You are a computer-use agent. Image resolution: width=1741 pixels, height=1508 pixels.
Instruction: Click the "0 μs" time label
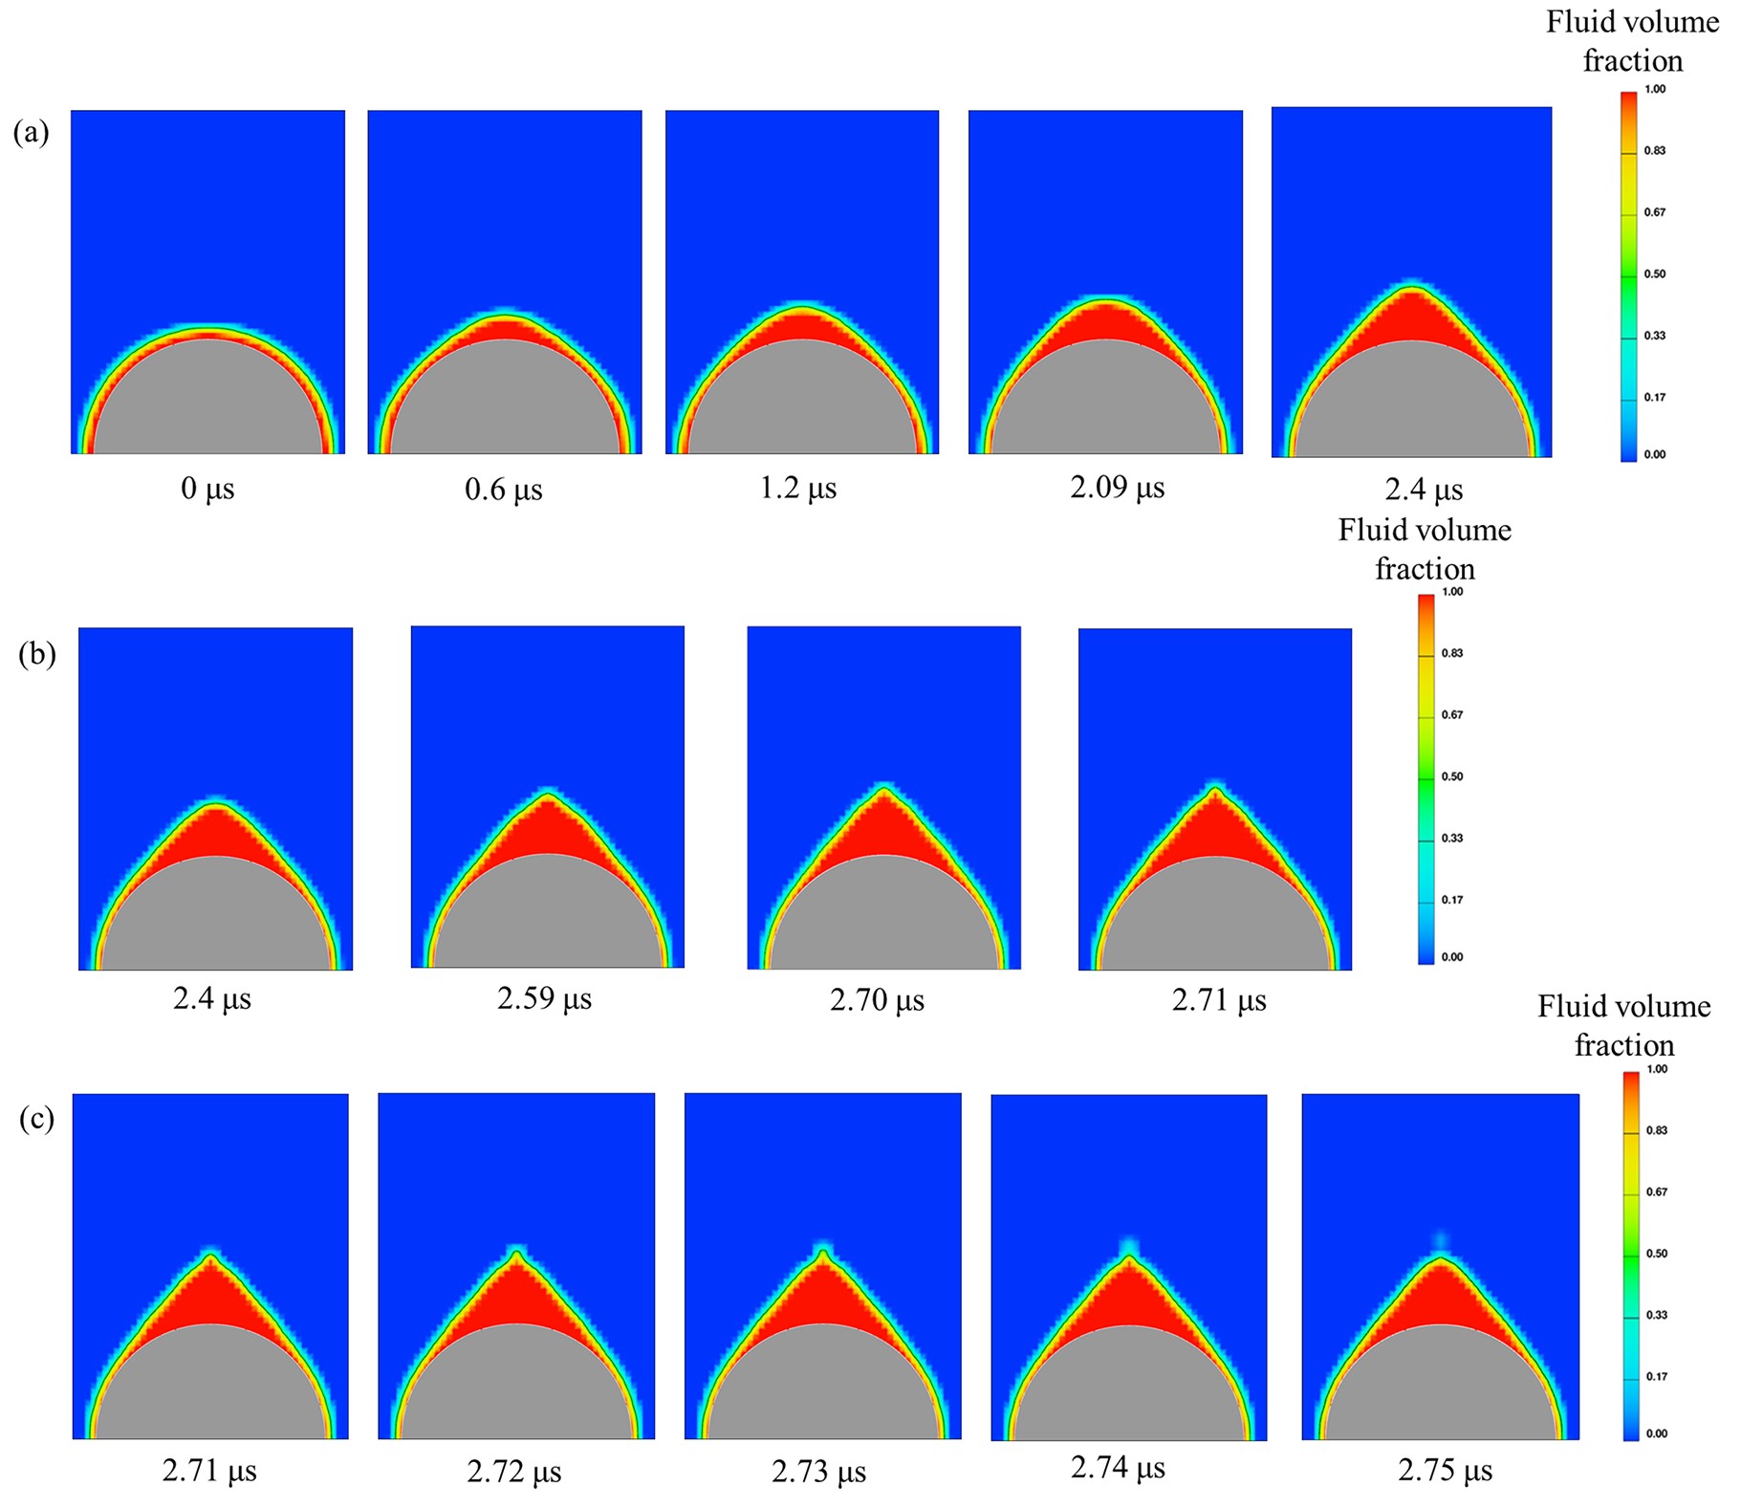click(x=207, y=489)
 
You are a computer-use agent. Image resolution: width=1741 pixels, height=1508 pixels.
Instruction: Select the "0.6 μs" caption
click(x=503, y=490)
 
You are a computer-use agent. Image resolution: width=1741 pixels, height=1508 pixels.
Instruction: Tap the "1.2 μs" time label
click(x=797, y=489)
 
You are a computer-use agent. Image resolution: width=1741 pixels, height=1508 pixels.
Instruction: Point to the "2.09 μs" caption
click(x=1117, y=488)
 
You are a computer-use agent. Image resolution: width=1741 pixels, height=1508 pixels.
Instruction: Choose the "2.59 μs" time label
click(x=544, y=998)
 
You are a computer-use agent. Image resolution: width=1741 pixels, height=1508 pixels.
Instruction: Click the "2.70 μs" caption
click(x=877, y=1000)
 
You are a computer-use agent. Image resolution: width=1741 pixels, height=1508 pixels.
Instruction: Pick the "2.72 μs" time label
click(x=514, y=1471)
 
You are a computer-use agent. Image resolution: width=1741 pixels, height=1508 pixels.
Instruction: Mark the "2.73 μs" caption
click(x=818, y=1471)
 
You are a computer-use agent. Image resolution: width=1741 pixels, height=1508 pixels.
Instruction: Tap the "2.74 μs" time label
click(x=1118, y=1467)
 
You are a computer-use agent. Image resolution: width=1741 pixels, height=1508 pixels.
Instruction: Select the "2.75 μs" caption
click(x=1445, y=1470)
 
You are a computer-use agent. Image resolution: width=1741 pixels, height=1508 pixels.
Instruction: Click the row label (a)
click(x=31, y=132)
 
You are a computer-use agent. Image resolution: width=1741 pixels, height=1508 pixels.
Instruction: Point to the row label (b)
click(x=36, y=654)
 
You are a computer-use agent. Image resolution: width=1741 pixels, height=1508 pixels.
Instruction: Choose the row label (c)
click(x=36, y=1118)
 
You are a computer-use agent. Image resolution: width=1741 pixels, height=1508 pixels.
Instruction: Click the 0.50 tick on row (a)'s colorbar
click(x=1655, y=274)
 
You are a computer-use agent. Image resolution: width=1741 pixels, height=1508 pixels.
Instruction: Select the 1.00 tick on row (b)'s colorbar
click(x=1452, y=592)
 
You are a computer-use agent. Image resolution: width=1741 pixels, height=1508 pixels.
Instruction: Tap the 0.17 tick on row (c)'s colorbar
click(x=1657, y=1376)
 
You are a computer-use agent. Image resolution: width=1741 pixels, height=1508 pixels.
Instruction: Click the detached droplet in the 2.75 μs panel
click(x=1441, y=1240)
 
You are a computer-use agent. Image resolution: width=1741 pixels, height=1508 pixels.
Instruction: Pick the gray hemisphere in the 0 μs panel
click(x=207, y=402)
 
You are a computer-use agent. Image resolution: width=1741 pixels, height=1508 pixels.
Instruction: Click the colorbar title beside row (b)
click(x=1425, y=549)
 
